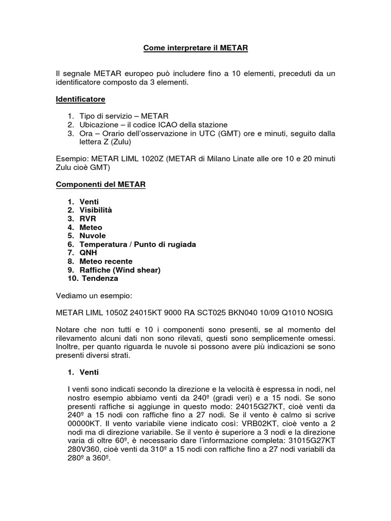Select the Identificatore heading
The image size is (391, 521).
pyautogui.click(x=80, y=99)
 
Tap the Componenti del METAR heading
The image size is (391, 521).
pyautogui.click(x=101, y=185)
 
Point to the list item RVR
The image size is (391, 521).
pyautogui.click(x=88, y=219)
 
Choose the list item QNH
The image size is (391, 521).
pyautogui.click(x=88, y=253)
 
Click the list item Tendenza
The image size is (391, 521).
pyautogui.click(x=99, y=278)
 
